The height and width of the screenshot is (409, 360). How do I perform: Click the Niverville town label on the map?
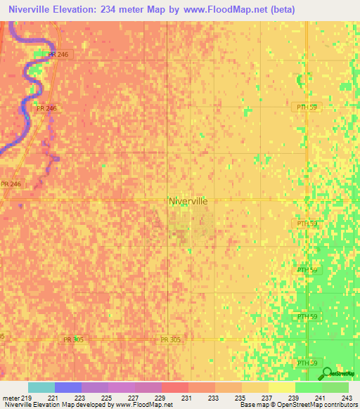pyautogui.click(x=188, y=200)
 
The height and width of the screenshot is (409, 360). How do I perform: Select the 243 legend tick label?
pyautogui.click(x=345, y=398)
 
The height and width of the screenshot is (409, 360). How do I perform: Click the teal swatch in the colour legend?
pyautogui.click(x=41, y=387)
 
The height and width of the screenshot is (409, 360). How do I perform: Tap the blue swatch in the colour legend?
pyautogui.click(x=68, y=387)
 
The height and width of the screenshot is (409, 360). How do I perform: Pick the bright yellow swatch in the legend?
pyautogui.click(x=282, y=387)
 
